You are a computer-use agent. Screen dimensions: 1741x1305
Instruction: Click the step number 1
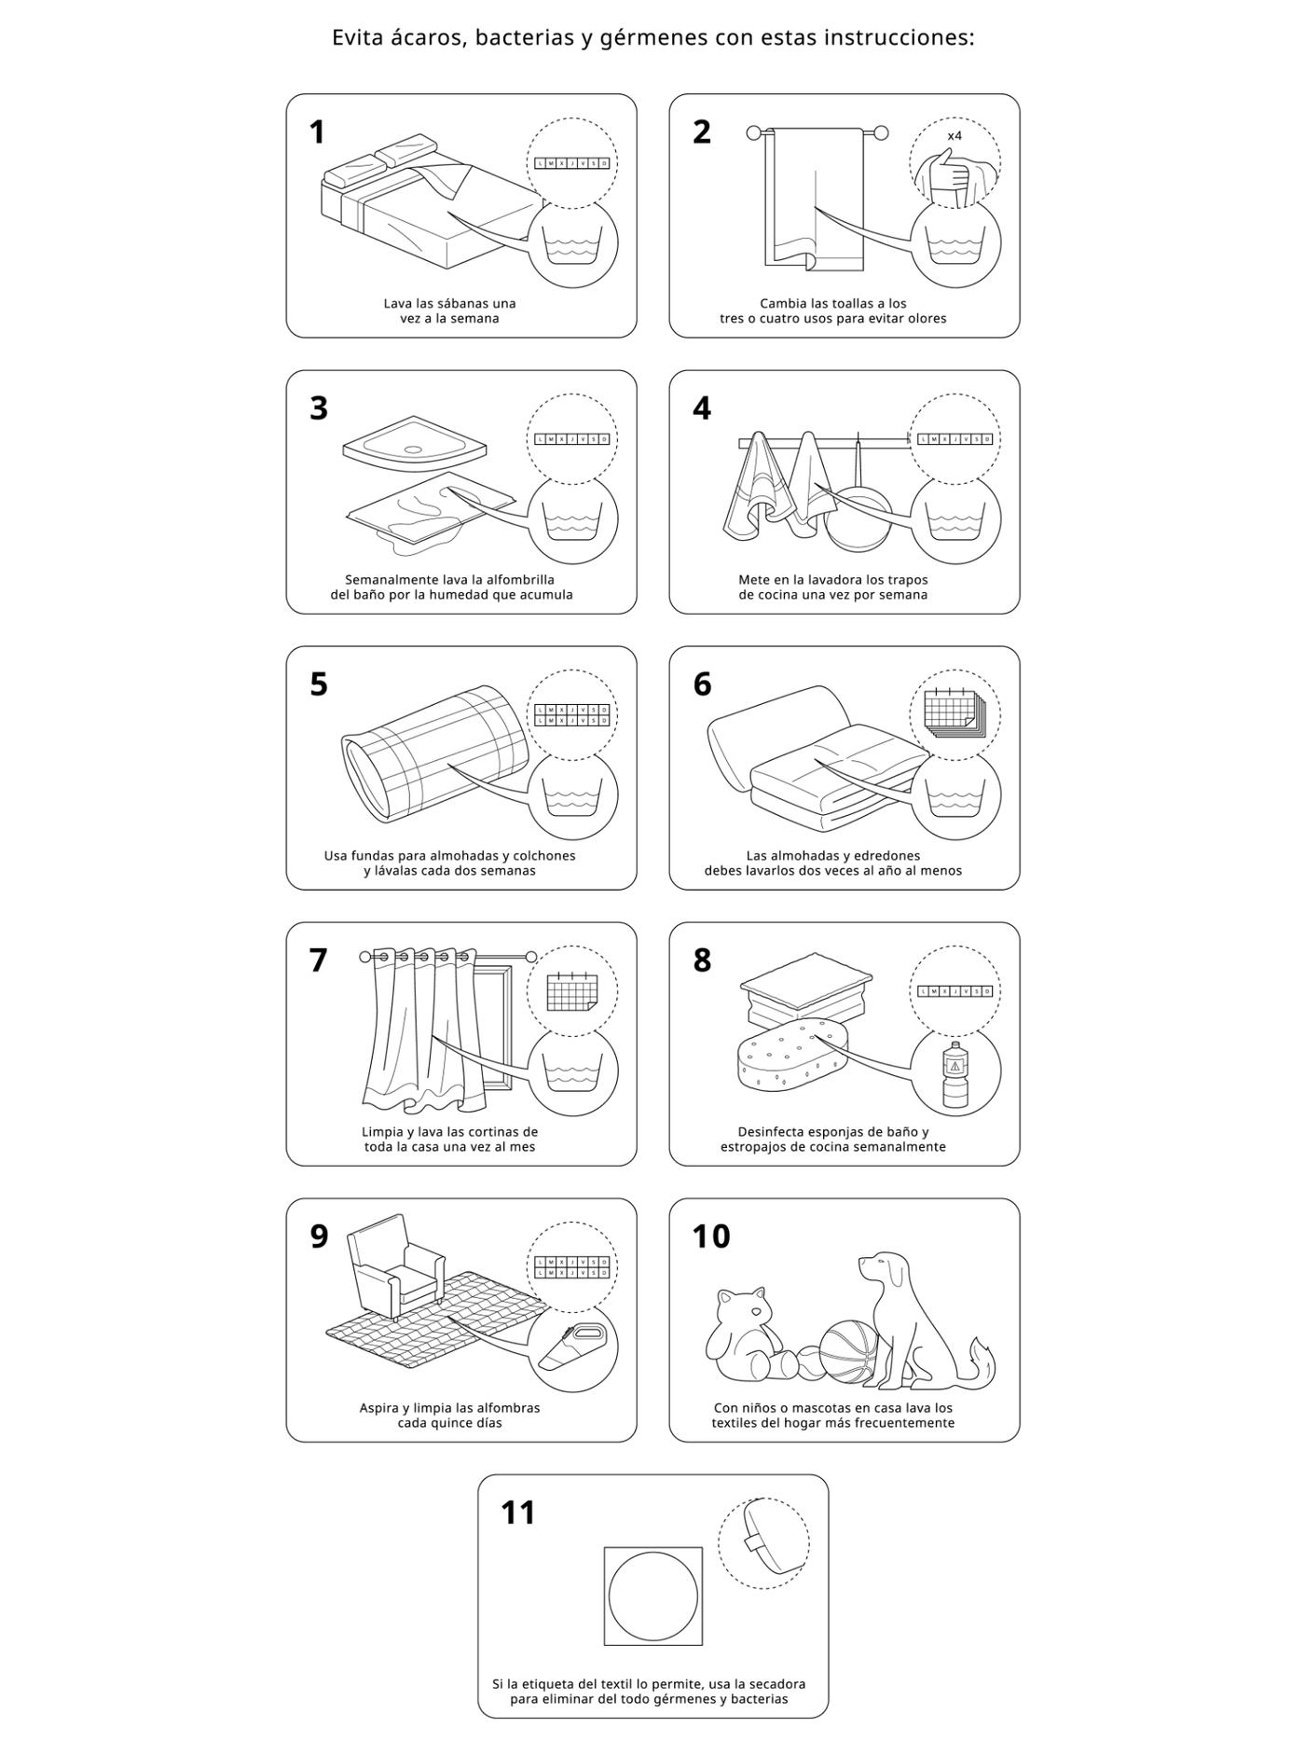(317, 132)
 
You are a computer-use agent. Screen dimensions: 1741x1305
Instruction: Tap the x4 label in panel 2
(955, 136)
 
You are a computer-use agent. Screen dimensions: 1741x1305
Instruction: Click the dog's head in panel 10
(884, 1270)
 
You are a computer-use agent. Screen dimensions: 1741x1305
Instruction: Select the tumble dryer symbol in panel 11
(652, 1596)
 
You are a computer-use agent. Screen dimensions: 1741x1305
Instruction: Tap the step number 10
(711, 1237)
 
